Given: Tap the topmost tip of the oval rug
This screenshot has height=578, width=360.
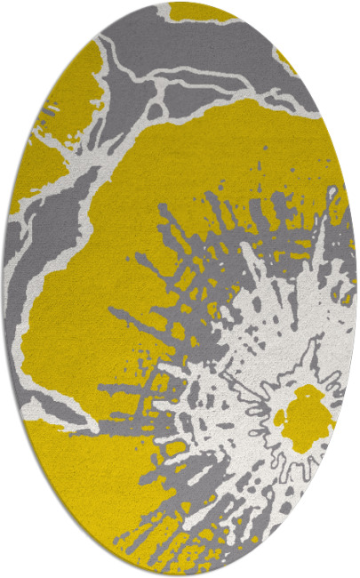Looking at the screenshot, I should (x=180, y=3).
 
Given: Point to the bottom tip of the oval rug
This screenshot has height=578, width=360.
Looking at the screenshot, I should (x=180, y=575).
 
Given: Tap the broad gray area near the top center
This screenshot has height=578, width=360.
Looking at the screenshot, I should (x=204, y=53).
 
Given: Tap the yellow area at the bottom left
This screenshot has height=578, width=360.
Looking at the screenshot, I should (x=80, y=480).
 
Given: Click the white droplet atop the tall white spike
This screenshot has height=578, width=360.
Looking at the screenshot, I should (x=332, y=192).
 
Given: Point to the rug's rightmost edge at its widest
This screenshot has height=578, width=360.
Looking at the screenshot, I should (x=356, y=289).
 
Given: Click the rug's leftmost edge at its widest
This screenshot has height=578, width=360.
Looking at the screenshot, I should (x=4, y=289).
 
